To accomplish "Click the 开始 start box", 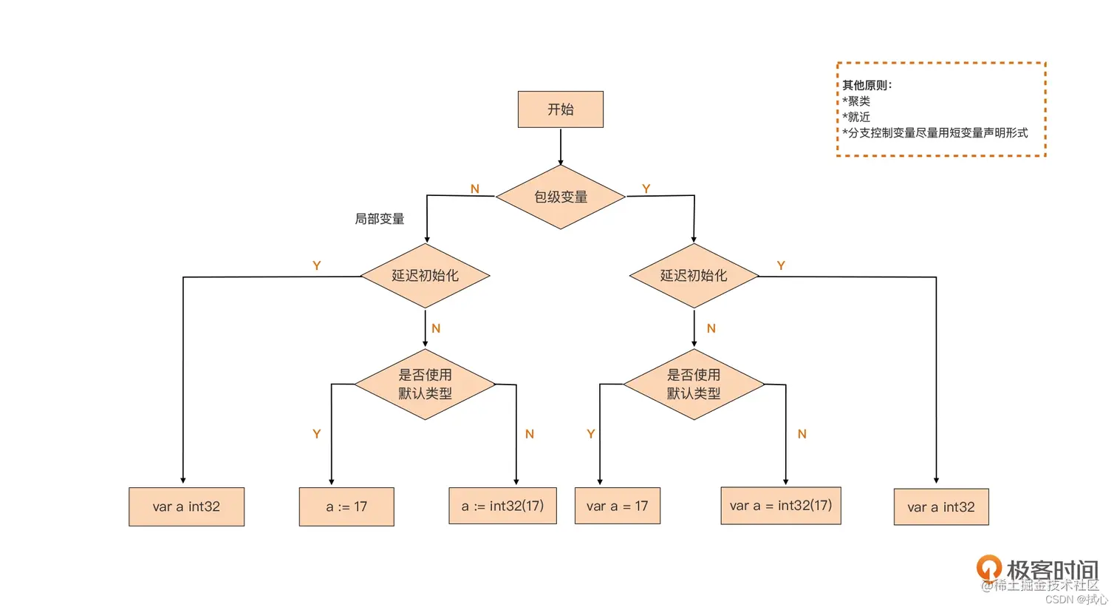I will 560,109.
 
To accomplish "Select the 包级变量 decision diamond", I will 560,197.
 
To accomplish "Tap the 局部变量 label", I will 379,219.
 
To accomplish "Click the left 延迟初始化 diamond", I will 425,276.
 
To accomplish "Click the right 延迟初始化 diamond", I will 693,276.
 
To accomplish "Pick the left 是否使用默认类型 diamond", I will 425,384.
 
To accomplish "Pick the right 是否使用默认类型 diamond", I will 693,384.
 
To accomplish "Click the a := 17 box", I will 346,506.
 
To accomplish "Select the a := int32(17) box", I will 502,506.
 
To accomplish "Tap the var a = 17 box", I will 617,506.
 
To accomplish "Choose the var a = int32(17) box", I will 780,505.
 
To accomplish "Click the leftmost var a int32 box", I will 186,506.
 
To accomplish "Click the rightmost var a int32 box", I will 940,507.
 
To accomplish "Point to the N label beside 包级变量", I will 475,189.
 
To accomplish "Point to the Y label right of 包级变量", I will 646,189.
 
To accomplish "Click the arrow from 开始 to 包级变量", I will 560,146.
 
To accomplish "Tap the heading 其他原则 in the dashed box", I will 867,85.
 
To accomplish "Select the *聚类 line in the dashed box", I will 856,101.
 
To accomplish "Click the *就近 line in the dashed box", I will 856,117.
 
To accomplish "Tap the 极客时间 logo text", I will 1051,570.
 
